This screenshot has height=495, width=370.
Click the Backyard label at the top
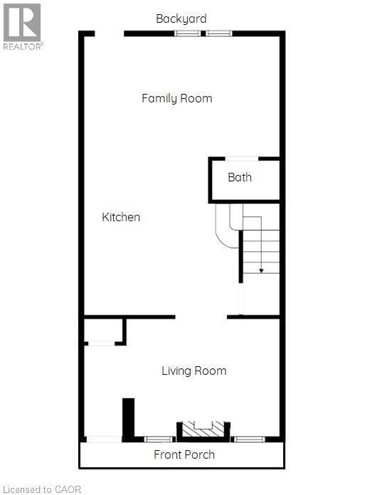[x=181, y=18]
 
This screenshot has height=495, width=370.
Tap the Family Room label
[x=176, y=98]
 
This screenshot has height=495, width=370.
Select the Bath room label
[x=240, y=177]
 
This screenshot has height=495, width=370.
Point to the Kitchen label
[x=121, y=217]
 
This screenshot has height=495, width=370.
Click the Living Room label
[x=194, y=371]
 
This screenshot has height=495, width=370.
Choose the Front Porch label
[x=184, y=454]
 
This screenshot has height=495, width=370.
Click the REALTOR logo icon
[x=22, y=23]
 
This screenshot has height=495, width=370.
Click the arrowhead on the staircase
[x=261, y=270]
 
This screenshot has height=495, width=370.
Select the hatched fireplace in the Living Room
[x=203, y=429]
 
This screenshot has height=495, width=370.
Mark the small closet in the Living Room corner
[x=104, y=331]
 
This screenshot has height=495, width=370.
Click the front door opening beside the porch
[x=104, y=439]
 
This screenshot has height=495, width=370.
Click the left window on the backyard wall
[x=188, y=33]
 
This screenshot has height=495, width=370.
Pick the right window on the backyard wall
[x=219, y=33]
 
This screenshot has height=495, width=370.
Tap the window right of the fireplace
[x=249, y=439]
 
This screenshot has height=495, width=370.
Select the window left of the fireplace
[x=159, y=439]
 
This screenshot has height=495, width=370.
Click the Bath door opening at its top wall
[x=241, y=159]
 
